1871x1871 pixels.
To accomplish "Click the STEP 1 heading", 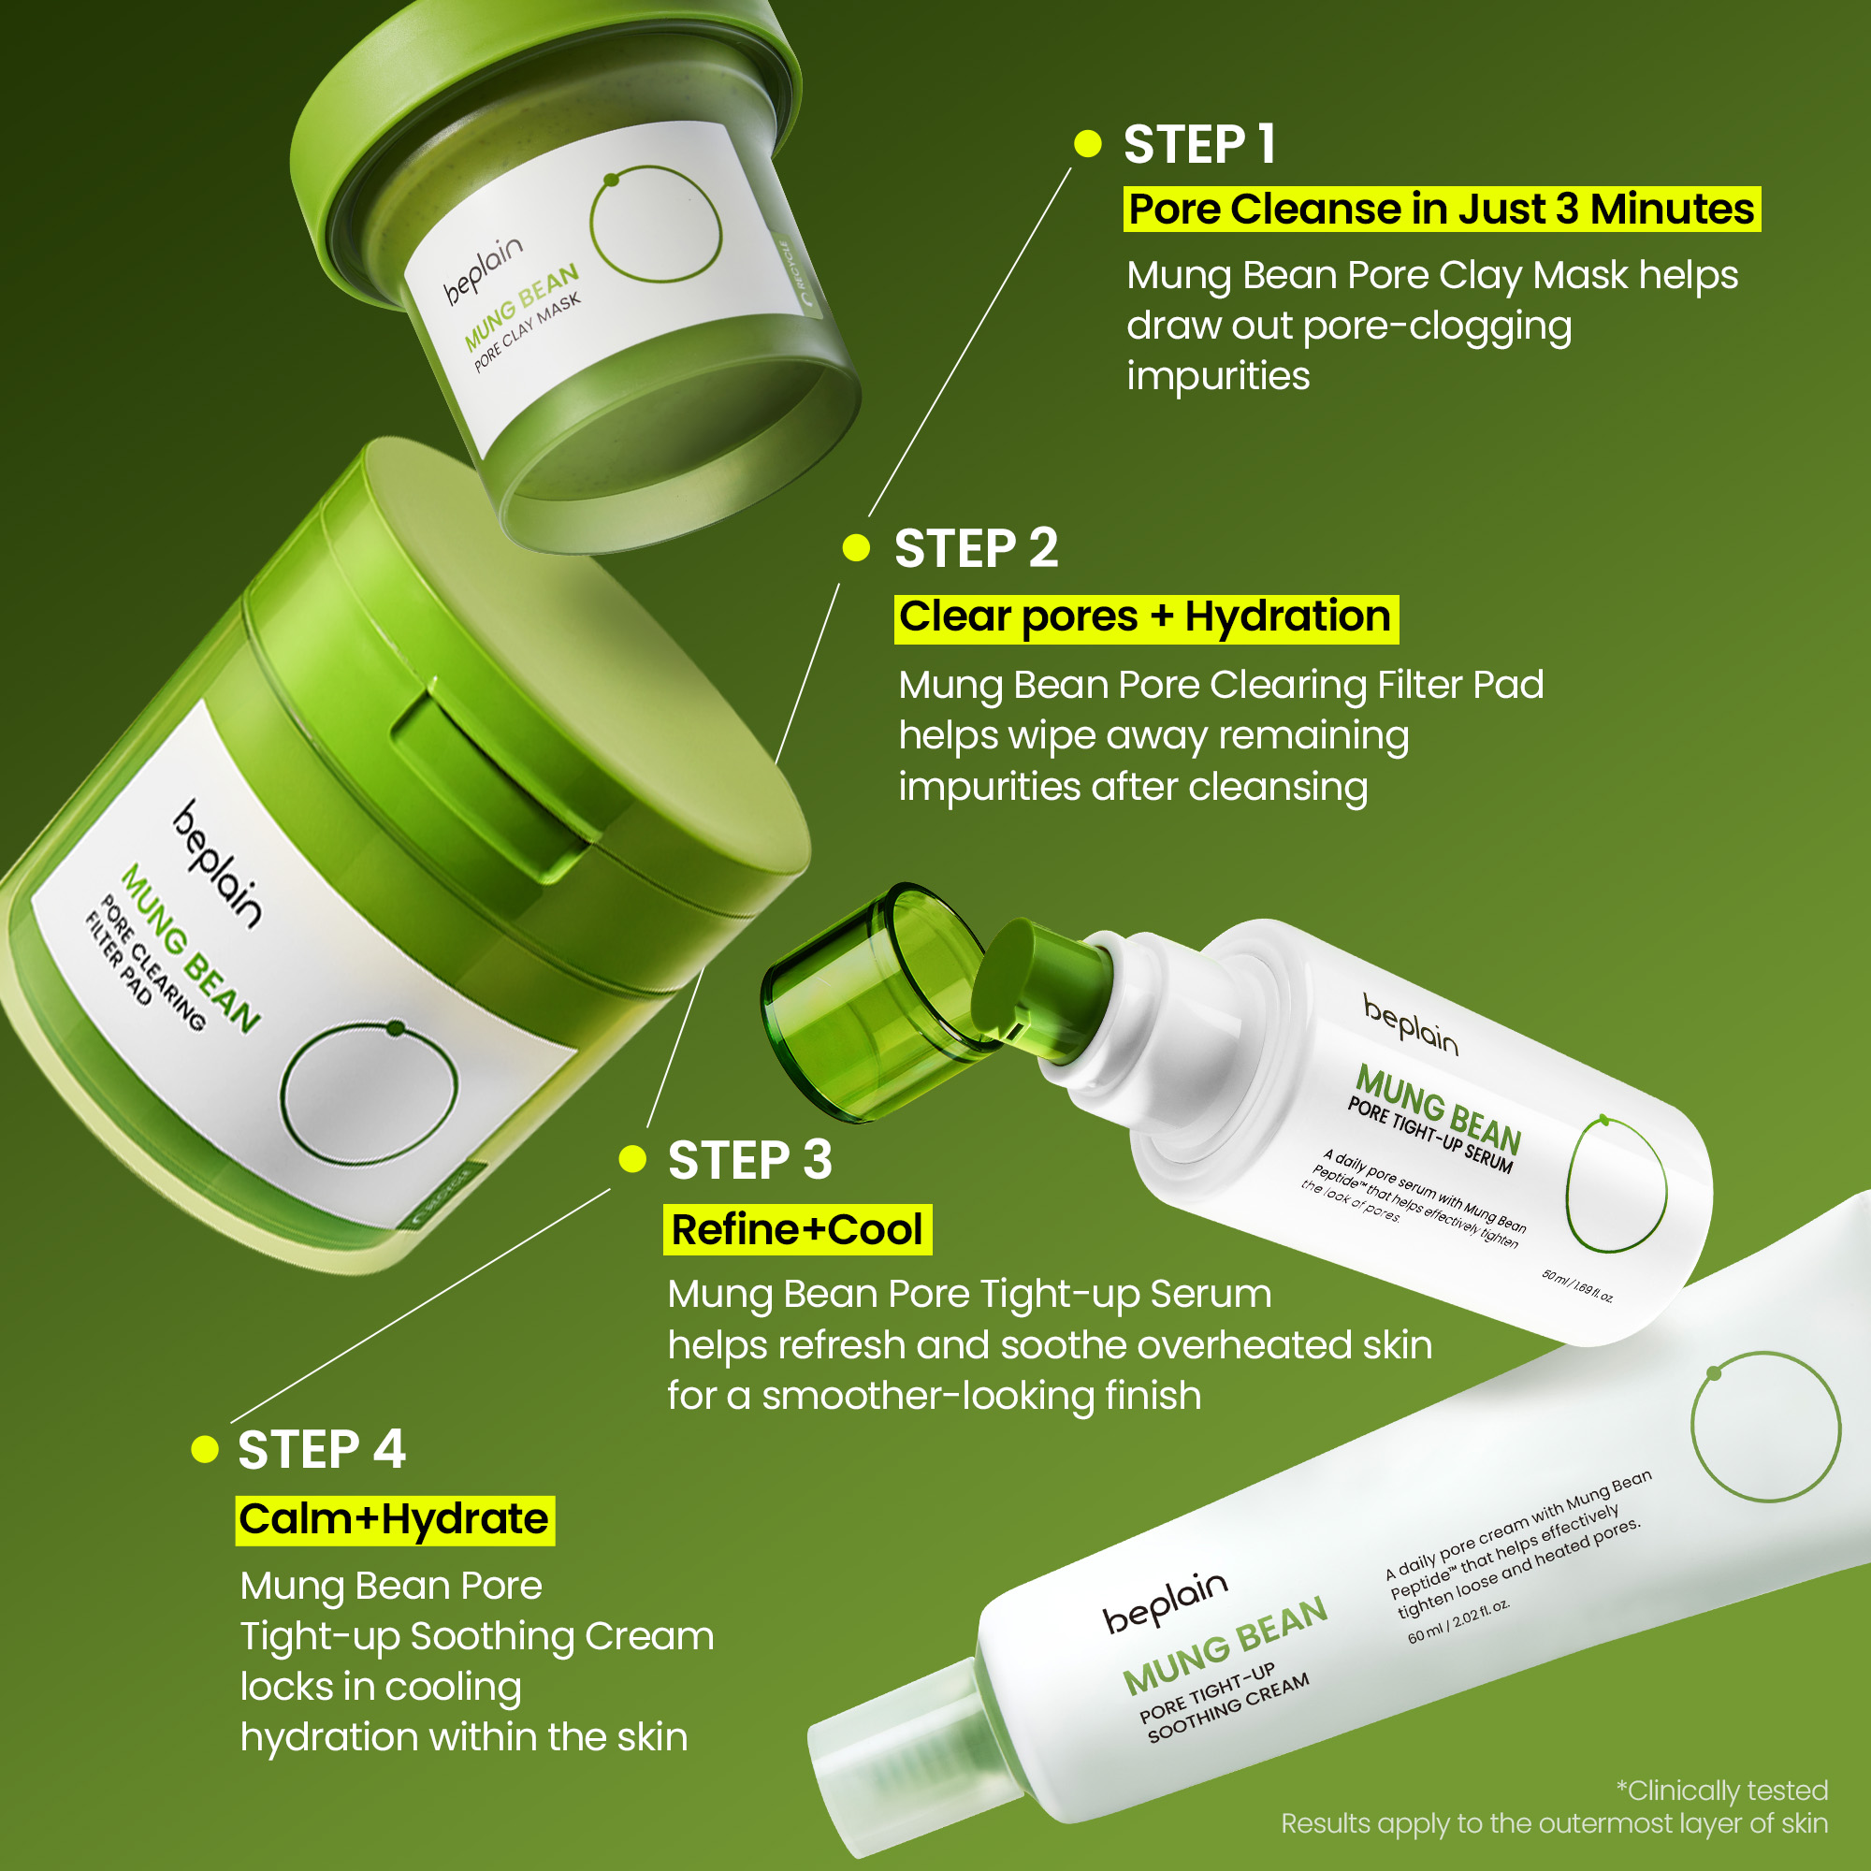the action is pyautogui.click(x=1199, y=144).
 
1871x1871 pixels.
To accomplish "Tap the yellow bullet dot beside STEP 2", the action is pyautogui.click(x=856, y=547).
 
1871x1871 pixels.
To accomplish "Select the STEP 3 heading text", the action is pyautogui.click(x=749, y=1159).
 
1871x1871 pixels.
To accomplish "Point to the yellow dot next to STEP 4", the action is pyautogui.click(x=205, y=1449).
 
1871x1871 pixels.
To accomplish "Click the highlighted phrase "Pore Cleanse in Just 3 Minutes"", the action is pyautogui.click(x=1441, y=210).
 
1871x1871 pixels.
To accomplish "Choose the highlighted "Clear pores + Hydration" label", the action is pyautogui.click(x=1146, y=617).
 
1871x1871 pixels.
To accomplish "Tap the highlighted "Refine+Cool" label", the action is pyautogui.click(x=797, y=1230).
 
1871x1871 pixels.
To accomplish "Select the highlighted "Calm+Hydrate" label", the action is pyautogui.click(x=394, y=1519).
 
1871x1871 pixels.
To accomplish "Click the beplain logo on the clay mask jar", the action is pyautogui.click(x=483, y=270).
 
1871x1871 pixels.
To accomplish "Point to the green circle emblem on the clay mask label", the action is pyautogui.click(x=657, y=225).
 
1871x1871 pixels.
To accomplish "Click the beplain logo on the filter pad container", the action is pyautogui.click(x=218, y=863).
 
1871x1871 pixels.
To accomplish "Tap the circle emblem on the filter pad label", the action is pyautogui.click(x=368, y=1093).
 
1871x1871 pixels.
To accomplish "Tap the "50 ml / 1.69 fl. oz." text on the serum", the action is pyautogui.click(x=1576, y=1285).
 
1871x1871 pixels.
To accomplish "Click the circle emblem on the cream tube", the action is pyautogui.click(x=1765, y=1426).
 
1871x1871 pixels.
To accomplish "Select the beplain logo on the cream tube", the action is pyautogui.click(x=1165, y=1603).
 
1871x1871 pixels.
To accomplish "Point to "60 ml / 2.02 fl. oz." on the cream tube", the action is pyautogui.click(x=1458, y=1621).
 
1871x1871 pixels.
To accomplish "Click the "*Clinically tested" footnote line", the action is pyautogui.click(x=1722, y=1791).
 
